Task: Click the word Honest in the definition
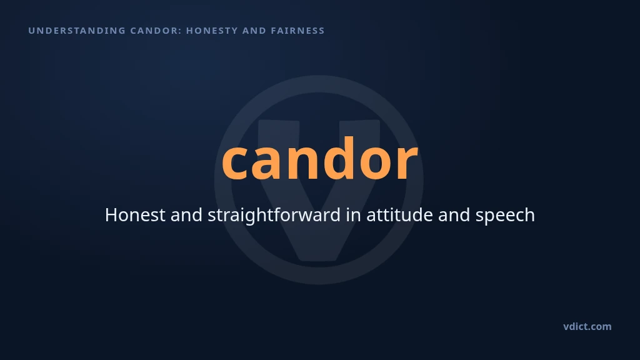[x=135, y=215]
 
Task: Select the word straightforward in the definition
[x=274, y=216]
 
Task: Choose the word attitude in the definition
[x=399, y=215]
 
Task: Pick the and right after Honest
[x=186, y=215]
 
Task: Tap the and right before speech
[x=454, y=215]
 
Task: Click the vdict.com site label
[x=587, y=326]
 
